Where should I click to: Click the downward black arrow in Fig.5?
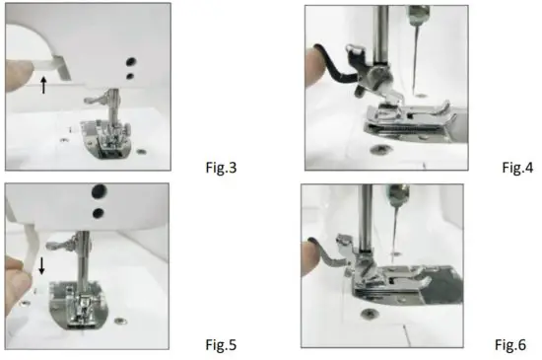[x=41, y=265]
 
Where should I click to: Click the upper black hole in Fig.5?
[x=100, y=193]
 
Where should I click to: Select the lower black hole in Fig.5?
[x=99, y=212]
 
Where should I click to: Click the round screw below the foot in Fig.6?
[x=369, y=313]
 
